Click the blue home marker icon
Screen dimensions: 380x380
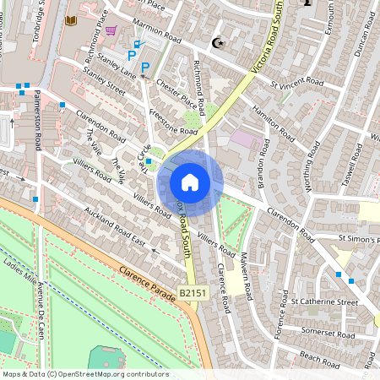tap(190, 182)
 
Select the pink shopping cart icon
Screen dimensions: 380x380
tap(111, 31)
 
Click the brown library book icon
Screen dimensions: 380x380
tap(71, 20)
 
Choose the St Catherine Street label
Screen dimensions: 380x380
tap(325, 301)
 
